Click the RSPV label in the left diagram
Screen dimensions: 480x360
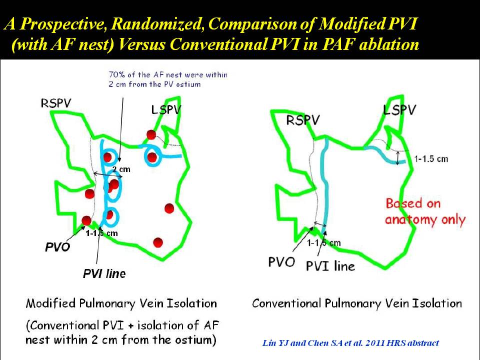pos(55,103)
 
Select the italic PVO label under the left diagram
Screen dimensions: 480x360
pos(57,246)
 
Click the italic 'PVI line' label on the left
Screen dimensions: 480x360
pos(104,273)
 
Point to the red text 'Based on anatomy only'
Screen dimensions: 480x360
pos(425,212)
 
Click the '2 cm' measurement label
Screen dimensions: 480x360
pos(121,169)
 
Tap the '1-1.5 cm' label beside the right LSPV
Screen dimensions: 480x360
pos(431,159)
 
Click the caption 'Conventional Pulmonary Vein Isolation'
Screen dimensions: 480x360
pos(357,303)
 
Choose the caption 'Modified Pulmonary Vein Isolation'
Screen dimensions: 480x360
pos(121,303)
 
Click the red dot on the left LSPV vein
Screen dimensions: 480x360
pos(151,134)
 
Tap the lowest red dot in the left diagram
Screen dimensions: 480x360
pos(158,242)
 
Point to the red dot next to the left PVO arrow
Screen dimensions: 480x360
pos(86,220)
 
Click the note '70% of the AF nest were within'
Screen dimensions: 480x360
pos(168,74)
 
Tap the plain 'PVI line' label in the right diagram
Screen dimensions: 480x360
pos(330,266)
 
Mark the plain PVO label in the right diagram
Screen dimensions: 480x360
pos(281,262)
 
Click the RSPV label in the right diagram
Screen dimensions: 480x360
pos(302,120)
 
